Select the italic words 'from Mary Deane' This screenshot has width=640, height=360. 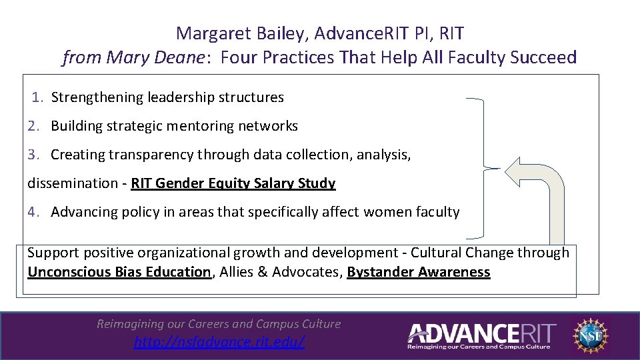tap(133, 58)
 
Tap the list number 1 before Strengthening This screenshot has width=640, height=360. tap(39, 97)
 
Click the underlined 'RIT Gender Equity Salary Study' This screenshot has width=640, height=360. tap(233, 183)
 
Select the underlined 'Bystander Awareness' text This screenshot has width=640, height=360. tap(418, 272)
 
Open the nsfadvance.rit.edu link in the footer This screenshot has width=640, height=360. tap(219, 342)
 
